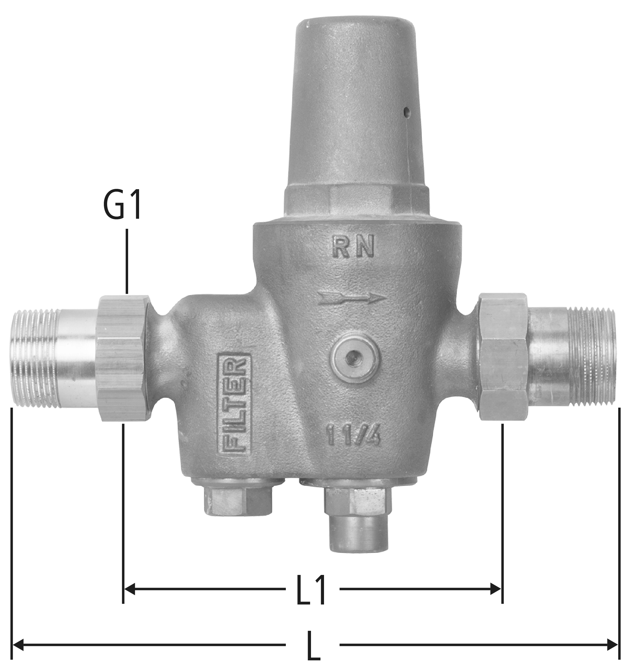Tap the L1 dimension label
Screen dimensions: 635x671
point(311,590)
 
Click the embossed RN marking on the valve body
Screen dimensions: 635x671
point(353,247)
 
